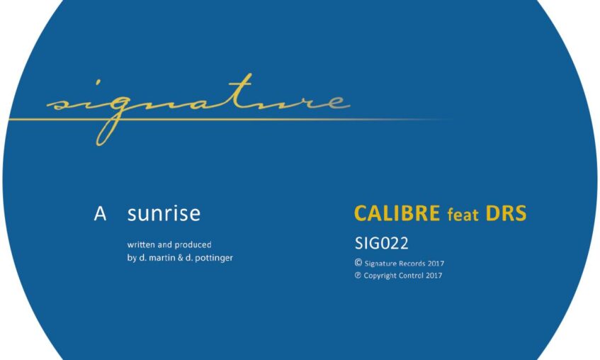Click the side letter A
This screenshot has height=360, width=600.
point(100,214)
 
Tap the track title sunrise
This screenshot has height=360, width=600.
point(164,214)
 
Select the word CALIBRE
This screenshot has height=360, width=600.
point(397,213)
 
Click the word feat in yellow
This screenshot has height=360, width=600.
point(463,215)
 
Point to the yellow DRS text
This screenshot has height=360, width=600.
point(506,213)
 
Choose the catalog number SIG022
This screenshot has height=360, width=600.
point(382,243)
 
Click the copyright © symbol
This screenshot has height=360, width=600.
point(358,263)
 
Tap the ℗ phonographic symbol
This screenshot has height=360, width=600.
point(358,275)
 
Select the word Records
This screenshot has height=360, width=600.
point(412,264)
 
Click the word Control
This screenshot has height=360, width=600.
point(411,276)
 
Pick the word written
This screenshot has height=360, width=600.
point(141,244)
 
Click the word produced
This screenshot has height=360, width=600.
point(193,245)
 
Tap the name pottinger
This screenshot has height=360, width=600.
point(214,259)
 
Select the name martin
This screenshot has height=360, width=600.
point(162,258)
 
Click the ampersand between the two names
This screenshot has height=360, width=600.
point(181,258)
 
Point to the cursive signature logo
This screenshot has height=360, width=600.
point(199,109)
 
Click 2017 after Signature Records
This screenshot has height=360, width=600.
point(436,264)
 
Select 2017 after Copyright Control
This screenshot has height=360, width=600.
point(434,276)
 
